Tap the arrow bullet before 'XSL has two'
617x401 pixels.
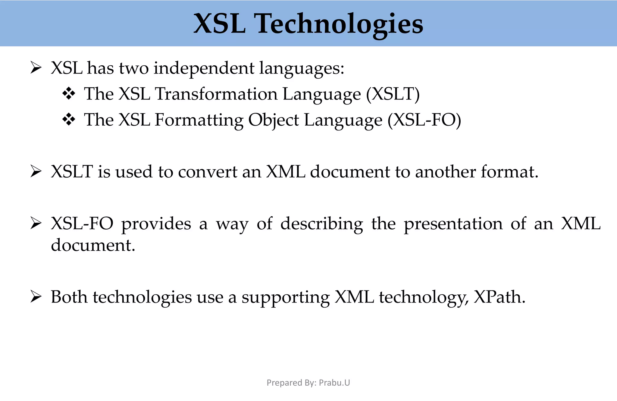[36, 68]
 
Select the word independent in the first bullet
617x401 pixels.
[204, 68]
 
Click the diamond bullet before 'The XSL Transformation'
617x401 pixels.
[69, 94]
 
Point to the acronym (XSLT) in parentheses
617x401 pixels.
[393, 94]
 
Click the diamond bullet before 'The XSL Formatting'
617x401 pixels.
[69, 120]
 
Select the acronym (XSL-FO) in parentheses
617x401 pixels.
[424, 120]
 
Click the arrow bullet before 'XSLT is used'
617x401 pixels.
[36, 172]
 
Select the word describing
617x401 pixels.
[321, 224]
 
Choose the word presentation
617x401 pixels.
[453, 224]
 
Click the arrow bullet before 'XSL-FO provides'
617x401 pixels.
[36, 224]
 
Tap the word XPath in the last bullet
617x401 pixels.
[499, 297]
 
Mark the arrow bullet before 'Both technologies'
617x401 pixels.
[36, 297]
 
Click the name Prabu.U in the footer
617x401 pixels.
[334, 383]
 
